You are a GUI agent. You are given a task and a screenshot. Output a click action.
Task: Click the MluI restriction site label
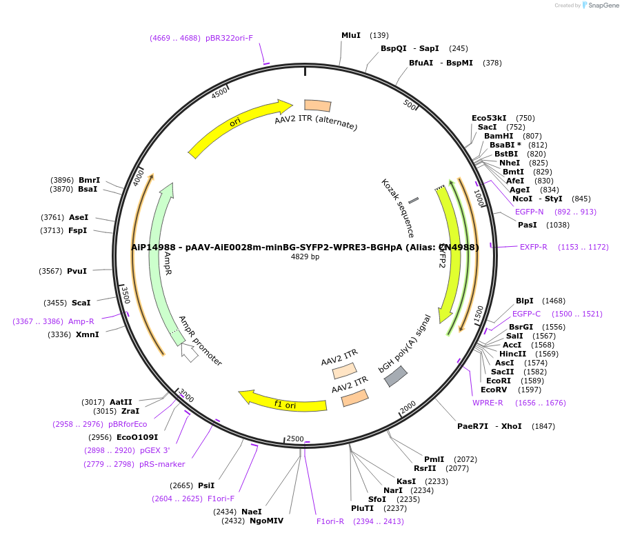coord(351,35)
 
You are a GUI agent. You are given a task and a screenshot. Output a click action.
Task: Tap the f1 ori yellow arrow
coord(283,401)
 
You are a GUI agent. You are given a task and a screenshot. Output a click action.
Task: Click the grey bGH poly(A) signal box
coord(395,376)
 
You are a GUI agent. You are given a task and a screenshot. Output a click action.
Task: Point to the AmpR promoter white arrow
coord(188,352)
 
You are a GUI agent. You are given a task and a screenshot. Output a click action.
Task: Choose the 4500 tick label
coord(219,93)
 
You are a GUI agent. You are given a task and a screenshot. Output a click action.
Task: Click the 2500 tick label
coord(295,439)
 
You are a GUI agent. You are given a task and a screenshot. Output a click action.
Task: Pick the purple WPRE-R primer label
coord(488,403)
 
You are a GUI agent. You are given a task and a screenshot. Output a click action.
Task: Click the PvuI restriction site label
coord(77,271)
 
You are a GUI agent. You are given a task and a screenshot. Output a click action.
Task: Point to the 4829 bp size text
coord(305,257)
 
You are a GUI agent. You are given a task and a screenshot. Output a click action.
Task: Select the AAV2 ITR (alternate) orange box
coord(317,105)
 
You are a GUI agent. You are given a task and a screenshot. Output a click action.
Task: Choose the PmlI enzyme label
coord(434,459)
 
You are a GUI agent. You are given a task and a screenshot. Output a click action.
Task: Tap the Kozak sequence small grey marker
coord(413,201)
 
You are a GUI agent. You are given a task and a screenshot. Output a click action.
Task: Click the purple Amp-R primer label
coord(81,321)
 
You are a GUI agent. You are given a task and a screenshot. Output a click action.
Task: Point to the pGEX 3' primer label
coord(154,450)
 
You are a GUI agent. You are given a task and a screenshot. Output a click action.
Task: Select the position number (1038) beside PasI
coord(558,225)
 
